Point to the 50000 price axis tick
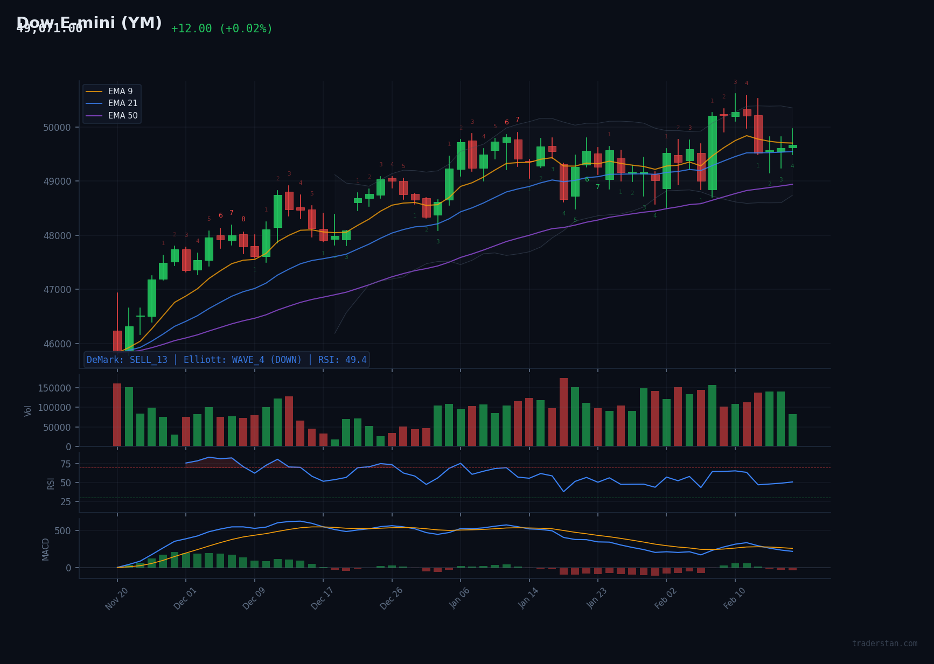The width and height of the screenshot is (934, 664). [57, 128]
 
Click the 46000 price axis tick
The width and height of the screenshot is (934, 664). [57, 344]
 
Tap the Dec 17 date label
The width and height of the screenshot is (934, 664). [322, 598]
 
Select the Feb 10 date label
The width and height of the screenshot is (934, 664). [734, 598]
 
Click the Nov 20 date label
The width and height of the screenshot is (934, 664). [116, 598]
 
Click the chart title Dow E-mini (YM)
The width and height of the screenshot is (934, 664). [89, 23]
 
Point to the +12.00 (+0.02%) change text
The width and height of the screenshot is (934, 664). [222, 29]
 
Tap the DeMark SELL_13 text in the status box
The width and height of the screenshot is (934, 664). [127, 360]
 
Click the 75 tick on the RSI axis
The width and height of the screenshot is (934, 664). [65, 464]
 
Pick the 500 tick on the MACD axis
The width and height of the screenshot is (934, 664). [62, 531]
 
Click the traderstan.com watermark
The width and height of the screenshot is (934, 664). [884, 644]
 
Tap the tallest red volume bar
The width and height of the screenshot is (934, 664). [563, 412]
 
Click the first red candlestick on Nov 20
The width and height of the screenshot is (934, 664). [117, 340]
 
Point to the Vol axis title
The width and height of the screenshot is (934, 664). [28, 410]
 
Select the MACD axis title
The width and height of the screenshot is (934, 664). [46, 549]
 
